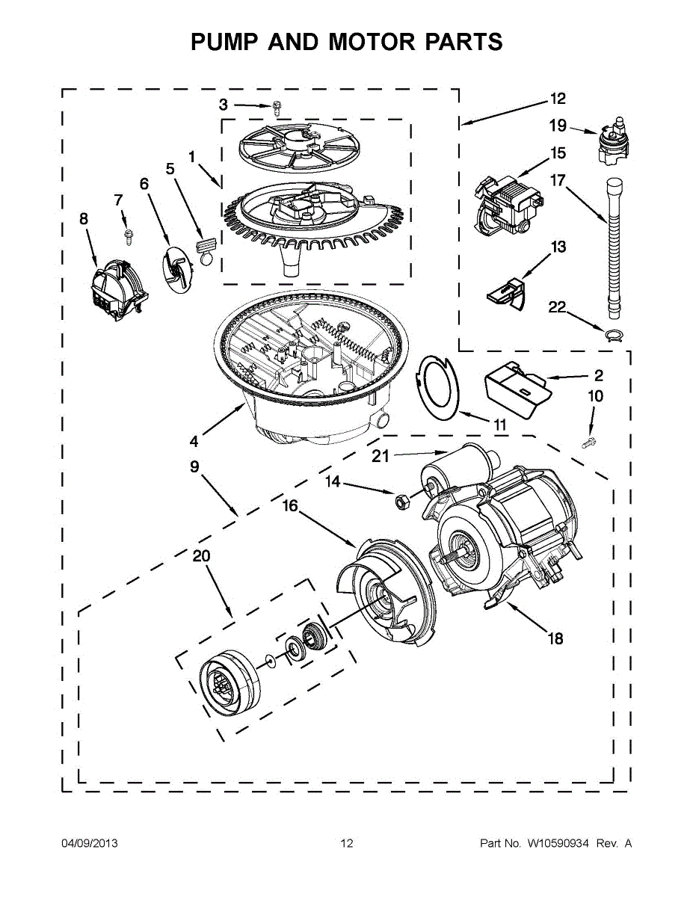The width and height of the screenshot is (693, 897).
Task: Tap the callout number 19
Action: click(558, 126)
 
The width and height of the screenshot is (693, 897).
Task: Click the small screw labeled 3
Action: click(277, 108)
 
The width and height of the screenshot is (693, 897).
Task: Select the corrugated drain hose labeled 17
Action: click(612, 247)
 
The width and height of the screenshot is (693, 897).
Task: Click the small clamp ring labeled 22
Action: click(612, 335)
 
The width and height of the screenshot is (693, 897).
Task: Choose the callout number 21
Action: click(381, 456)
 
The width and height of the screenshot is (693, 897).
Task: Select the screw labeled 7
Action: click(128, 235)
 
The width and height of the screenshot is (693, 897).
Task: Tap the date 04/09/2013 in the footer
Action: click(89, 843)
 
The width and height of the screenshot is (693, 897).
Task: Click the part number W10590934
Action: click(558, 843)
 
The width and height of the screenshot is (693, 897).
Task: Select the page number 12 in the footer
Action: click(346, 843)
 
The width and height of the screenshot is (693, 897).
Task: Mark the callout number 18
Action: click(555, 638)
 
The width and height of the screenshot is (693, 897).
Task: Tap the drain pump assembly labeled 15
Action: click(508, 202)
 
